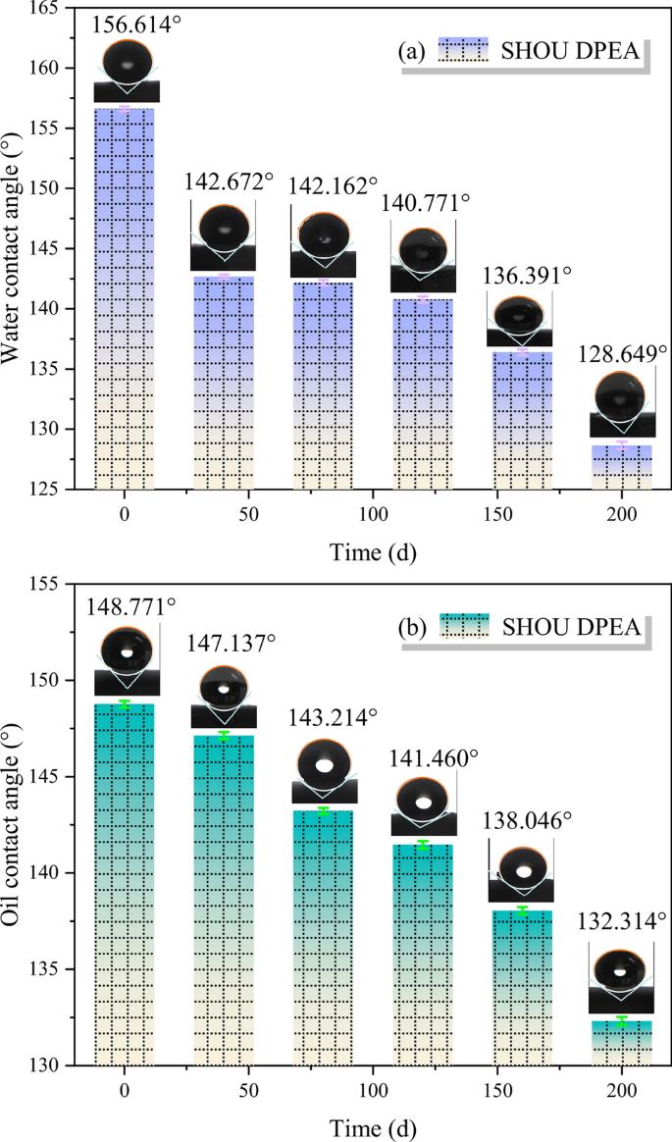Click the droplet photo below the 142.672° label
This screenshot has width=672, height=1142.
pos(223,234)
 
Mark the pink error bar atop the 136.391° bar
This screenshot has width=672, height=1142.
pos(523,351)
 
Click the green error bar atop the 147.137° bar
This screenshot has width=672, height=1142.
pos(224,735)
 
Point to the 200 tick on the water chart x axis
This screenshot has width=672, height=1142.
pos(622,514)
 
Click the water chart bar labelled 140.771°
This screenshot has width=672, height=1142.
pos(423,392)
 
